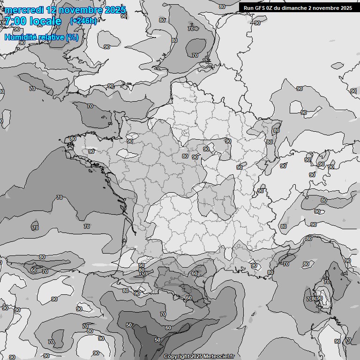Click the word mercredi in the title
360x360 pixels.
(24, 10)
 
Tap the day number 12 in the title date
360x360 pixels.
(53, 10)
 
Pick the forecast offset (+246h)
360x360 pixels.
(83, 21)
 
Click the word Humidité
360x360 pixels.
(21, 37)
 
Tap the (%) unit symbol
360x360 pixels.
(73, 37)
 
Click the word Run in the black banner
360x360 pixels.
(248, 8)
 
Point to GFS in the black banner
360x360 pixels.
(260, 8)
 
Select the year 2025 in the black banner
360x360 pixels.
(345, 8)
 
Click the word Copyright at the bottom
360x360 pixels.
(177, 356)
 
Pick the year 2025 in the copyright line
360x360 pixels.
(197, 356)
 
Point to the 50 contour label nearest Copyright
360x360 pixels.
(157, 340)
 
